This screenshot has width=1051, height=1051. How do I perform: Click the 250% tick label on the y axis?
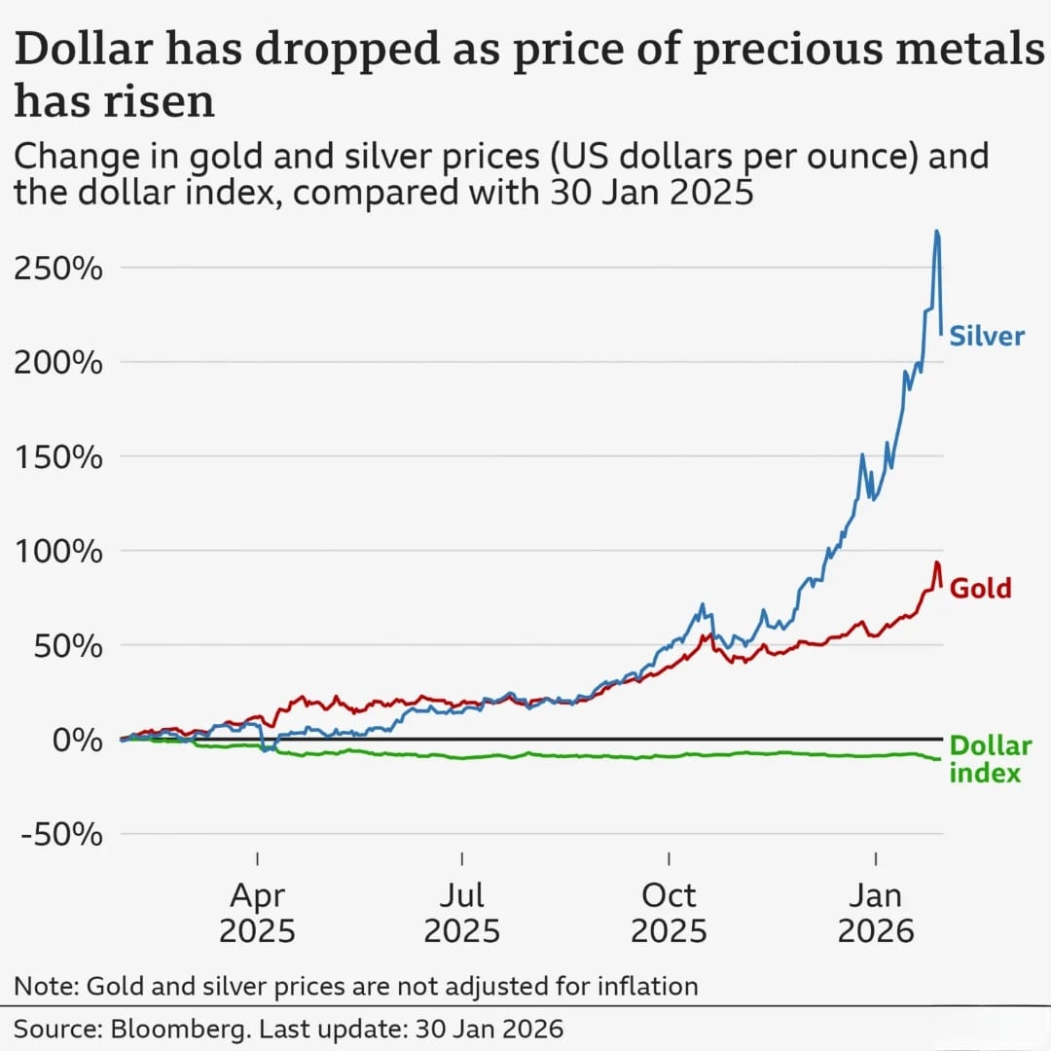point(57,268)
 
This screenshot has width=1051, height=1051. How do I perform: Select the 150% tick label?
point(57,456)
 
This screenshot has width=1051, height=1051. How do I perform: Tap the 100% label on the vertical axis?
point(57,551)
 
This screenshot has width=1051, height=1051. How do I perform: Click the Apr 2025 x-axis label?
point(257,912)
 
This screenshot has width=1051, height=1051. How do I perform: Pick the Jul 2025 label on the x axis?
point(462,912)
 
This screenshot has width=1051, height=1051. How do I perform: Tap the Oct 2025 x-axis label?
point(669,912)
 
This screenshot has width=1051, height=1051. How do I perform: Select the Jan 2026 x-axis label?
point(876,912)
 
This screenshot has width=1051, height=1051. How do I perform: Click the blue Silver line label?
point(987,337)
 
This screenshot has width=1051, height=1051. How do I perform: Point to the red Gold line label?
point(980,588)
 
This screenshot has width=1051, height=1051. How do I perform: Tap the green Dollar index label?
point(989,759)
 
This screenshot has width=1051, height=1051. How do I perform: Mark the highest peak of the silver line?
point(936,231)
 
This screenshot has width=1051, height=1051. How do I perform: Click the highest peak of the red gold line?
point(936,562)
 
